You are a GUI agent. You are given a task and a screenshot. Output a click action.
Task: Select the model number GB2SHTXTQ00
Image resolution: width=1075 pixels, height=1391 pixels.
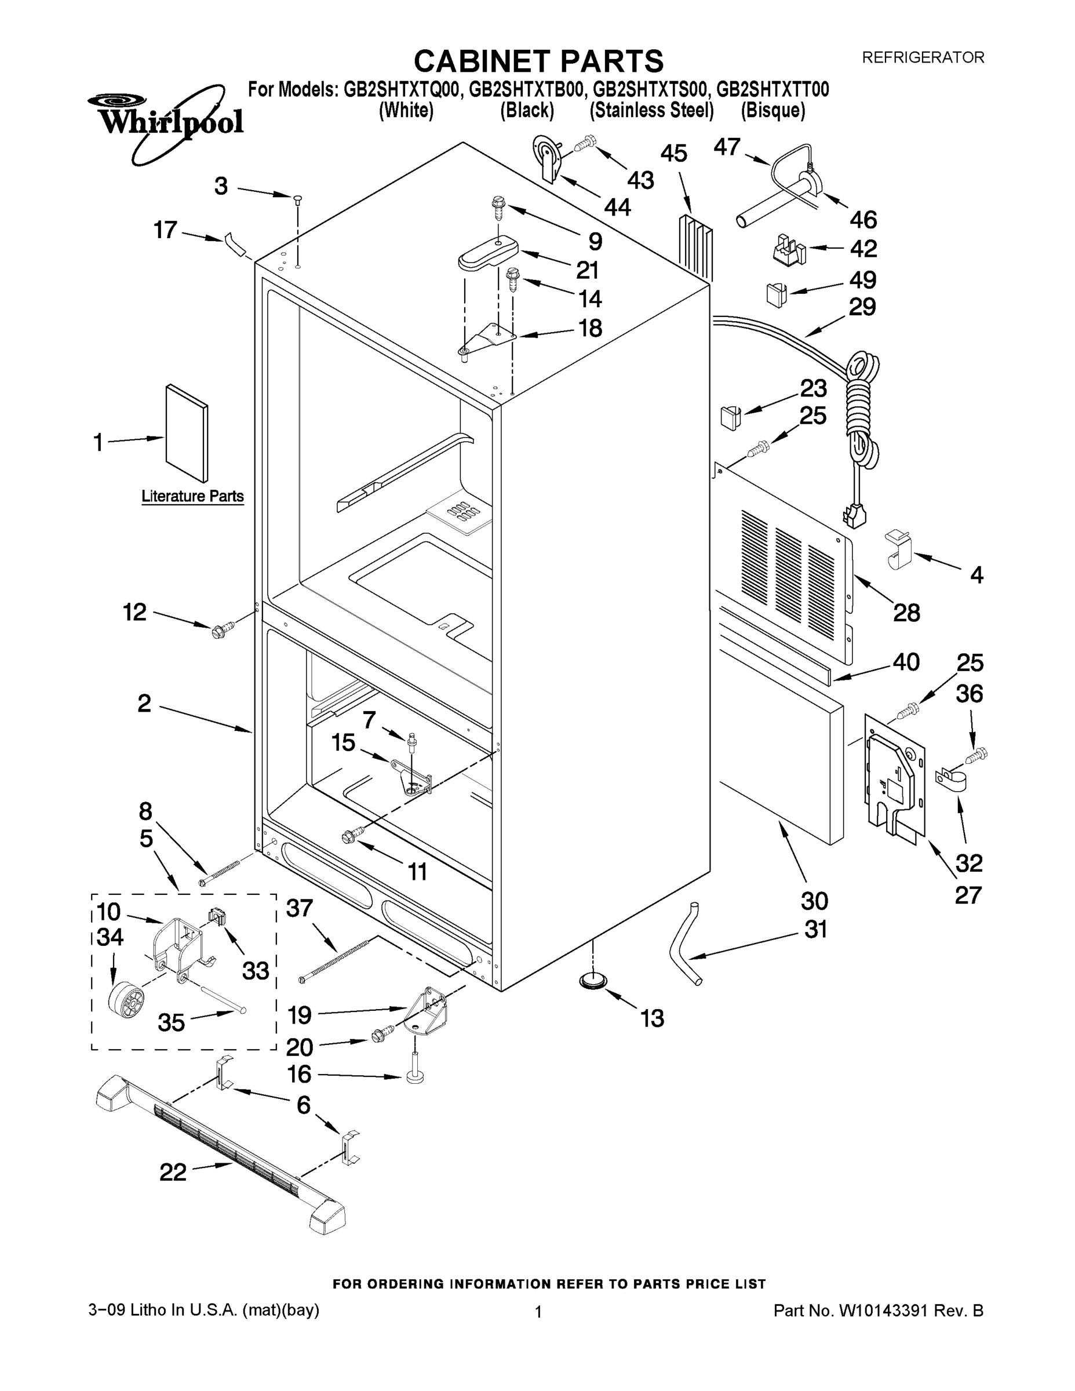pos(401,90)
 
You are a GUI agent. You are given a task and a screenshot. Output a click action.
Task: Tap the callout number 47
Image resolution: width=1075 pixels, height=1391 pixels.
pos(726,148)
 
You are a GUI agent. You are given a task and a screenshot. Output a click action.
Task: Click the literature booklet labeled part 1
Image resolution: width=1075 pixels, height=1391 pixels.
pos(187,433)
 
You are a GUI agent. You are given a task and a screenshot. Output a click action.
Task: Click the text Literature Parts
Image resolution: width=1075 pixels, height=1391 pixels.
pos(192,496)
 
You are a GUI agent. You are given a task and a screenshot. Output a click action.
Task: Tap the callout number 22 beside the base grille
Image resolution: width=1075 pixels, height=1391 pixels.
pos(173,1172)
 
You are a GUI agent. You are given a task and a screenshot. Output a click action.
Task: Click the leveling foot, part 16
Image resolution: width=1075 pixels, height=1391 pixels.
pos(416,1076)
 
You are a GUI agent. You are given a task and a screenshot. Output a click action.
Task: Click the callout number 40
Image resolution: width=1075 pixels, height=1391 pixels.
pos(906,662)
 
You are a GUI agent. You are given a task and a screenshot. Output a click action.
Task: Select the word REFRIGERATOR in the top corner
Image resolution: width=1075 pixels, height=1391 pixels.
pos(923,57)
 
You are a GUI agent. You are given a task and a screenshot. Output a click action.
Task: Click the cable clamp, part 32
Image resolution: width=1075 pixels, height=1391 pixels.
pos(952,781)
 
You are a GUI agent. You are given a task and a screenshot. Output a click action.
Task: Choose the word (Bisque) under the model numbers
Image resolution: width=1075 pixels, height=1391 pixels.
pos(772,111)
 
